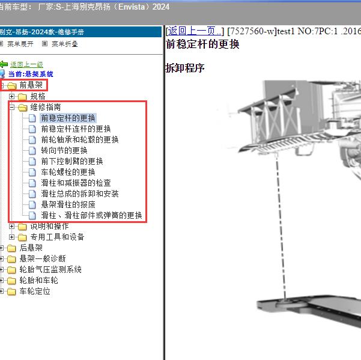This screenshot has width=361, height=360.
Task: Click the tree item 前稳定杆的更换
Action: [x=68, y=118]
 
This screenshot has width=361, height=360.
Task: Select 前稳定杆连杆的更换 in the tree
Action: [x=76, y=129]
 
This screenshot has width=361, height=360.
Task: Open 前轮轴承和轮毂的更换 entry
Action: [x=80, y=139]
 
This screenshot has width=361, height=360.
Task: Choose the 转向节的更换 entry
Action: [x=64, y=150]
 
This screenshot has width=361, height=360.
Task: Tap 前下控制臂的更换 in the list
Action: [x=72, y=161]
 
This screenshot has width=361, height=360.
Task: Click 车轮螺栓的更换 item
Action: [x=68, y=172]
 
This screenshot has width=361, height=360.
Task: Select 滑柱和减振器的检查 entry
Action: [x=76, y=183]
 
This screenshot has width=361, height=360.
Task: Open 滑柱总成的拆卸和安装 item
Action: [x=80, y=194]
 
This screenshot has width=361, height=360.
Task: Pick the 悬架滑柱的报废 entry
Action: [x=68, y=204]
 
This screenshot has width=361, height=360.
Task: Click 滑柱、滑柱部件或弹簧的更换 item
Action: [x=91, y=215]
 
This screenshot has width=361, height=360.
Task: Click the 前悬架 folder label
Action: [x=31, y=85]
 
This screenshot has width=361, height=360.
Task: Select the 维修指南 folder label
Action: [x=46, y=107]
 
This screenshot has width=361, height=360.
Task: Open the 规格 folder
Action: [x=38, y=96]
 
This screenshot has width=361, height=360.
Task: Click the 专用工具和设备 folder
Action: [x=57, y=237]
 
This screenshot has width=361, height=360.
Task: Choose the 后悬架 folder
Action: [x=31, y=248]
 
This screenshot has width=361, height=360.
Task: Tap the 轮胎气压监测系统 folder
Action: [x=50, y=269]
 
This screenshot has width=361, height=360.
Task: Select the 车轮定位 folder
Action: [x=35, y=291]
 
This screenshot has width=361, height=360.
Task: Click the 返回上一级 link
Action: [x=26, y=64]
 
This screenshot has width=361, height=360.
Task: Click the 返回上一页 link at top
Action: [x=195, y=31]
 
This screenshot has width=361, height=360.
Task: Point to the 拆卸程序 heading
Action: [x=185, y=68]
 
